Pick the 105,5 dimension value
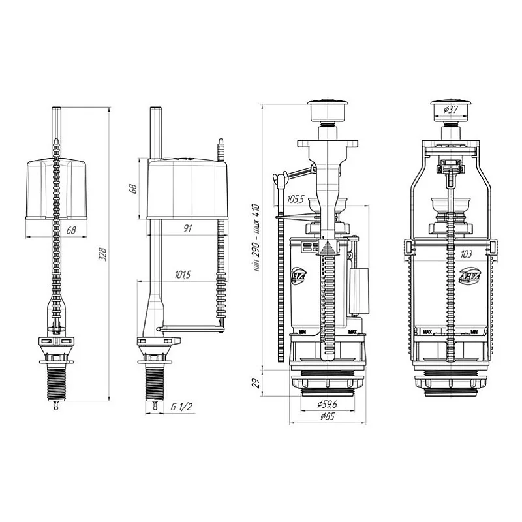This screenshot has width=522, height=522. click(297, 199)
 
